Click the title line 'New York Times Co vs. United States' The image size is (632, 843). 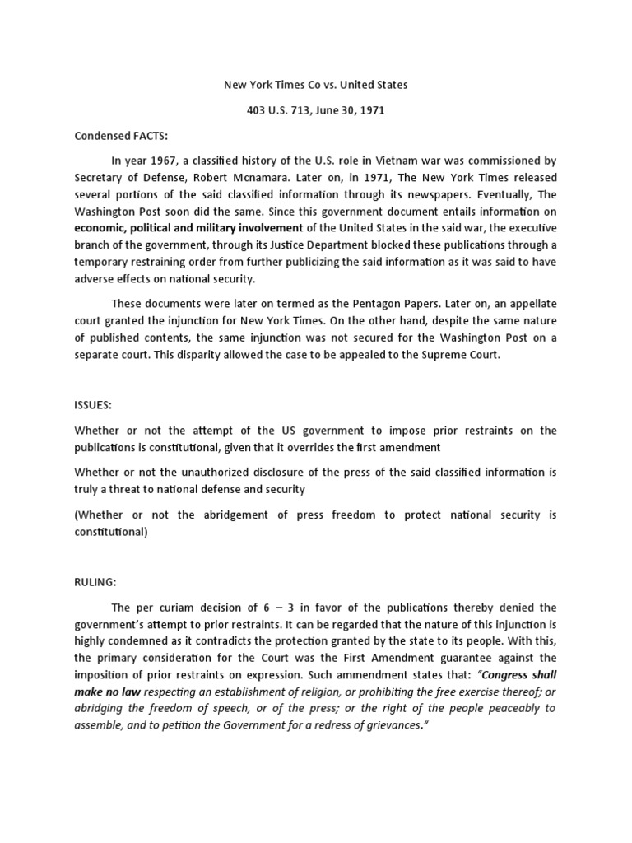tap(316, 84)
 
